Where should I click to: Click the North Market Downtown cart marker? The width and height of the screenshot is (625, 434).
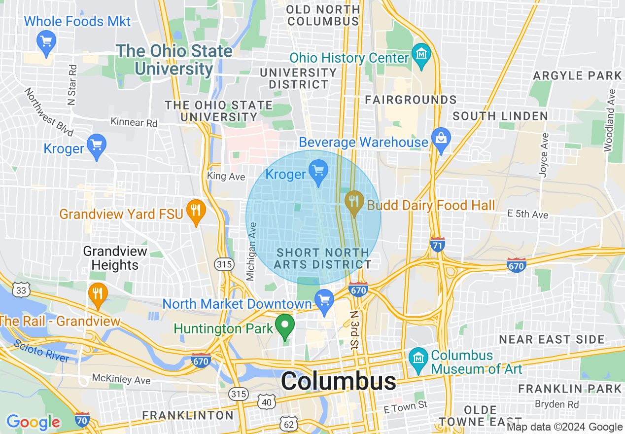click(x=324, y=300)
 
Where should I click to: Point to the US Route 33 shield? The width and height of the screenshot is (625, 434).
click(x=21, y=289)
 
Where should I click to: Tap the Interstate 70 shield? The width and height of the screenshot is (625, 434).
click(x=82, y=419)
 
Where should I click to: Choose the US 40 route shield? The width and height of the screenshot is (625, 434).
click(x=267, y=402)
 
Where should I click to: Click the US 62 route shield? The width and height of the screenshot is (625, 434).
click(x=288, y=423)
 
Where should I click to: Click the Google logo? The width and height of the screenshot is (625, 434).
click(x=33, y=422)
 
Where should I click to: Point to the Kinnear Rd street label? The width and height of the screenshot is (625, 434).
click(x=134, y=122)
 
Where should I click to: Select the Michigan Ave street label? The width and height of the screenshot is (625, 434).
click(x=252, y=252)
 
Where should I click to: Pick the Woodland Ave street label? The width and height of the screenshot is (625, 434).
click(x=610, y=121)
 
